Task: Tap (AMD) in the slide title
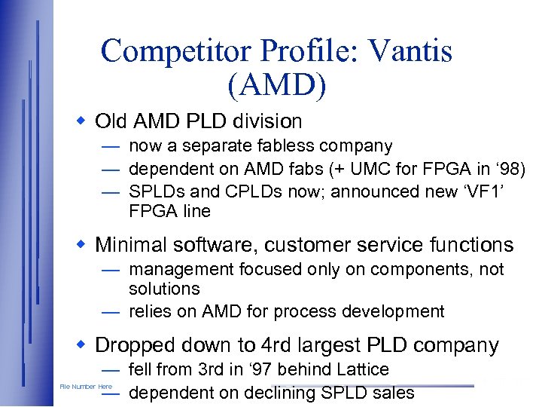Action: [276, 86]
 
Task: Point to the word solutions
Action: [164, 289]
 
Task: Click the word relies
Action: [149, 311]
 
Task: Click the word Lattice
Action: [363, 369]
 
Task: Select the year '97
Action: [262, 369]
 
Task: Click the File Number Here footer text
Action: [86, 387]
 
